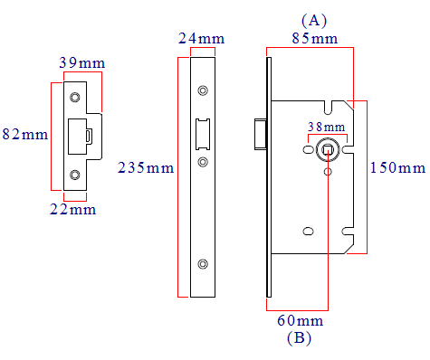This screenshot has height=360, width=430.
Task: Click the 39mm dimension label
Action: pyautogui.click(x=82, y=62)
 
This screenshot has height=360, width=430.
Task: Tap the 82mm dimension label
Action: pyautogui.click(x=25, y=134)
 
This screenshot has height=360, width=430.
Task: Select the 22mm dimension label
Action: pyautogui.click(x=73, y=209)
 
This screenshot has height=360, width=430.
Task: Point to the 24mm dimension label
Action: pyautogui.click(x=201, y=38)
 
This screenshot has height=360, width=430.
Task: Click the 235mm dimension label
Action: pyautogui.click(x=146, y=167)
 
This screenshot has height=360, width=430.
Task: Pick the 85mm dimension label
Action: pyautogui.click(x=315, y=38)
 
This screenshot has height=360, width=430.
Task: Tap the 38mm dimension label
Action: pyautogui.click(x=327, y=127)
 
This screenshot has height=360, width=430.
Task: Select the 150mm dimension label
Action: pyautogui.click(x=397, y=167)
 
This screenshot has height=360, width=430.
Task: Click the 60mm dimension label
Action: pyautogui.click(x=301, y=320)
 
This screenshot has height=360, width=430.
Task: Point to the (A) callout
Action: pyautogui.click(x=314, y=21)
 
